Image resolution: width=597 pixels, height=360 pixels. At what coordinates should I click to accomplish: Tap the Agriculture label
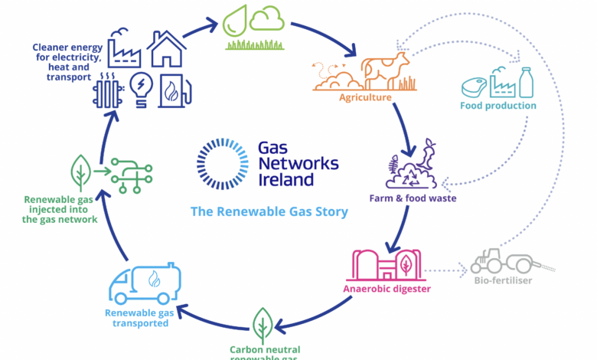click(x=366, y=98)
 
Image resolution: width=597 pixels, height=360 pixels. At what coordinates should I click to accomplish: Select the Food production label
click(x=498, y=105)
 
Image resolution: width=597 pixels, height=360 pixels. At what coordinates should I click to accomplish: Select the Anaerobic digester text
click(x=387, y=289)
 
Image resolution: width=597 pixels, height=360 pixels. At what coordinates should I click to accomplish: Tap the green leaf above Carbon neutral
click(x=263, y=326)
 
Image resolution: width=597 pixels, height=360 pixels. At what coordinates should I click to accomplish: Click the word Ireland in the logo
click(x=286, y=180)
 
